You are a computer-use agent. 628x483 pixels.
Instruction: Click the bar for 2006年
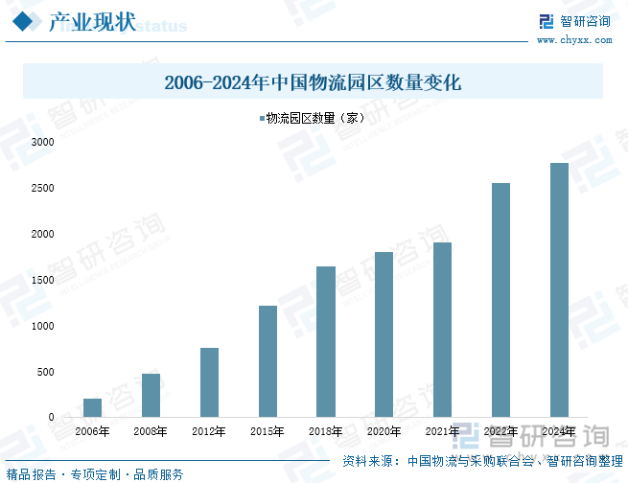(x=93, y=408)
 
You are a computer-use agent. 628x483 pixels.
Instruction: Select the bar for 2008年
(x=151, y=396)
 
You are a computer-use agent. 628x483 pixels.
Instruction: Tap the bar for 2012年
(x=209, y=382)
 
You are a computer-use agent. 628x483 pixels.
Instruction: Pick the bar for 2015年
(x=267, y=361)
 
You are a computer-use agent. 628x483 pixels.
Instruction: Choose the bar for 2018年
(x=326, y=342)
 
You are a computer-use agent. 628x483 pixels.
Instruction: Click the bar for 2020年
(x=384, y=334)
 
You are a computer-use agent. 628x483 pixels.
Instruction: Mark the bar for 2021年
(x=442, y=330)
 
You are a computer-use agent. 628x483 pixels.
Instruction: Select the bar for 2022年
(x=500, y=300)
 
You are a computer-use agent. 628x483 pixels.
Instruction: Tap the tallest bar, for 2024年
(x=559, y=290)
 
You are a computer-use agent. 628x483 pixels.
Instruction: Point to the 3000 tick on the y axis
(x=42, y=142)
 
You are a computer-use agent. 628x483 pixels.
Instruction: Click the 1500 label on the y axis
(x=42, y=280)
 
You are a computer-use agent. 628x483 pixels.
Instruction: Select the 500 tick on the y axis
(x=45, y=372)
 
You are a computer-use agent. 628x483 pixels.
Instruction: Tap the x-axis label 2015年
(x=267, y=431)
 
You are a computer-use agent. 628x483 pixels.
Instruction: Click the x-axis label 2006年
(x=93, y=431)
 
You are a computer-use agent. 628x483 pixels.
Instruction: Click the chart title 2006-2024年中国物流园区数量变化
(x=314, y=82)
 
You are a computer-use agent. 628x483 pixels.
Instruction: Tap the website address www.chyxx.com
(x=573, y=40)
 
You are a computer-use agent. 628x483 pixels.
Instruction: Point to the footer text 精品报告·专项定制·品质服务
(x=94, y=474)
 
